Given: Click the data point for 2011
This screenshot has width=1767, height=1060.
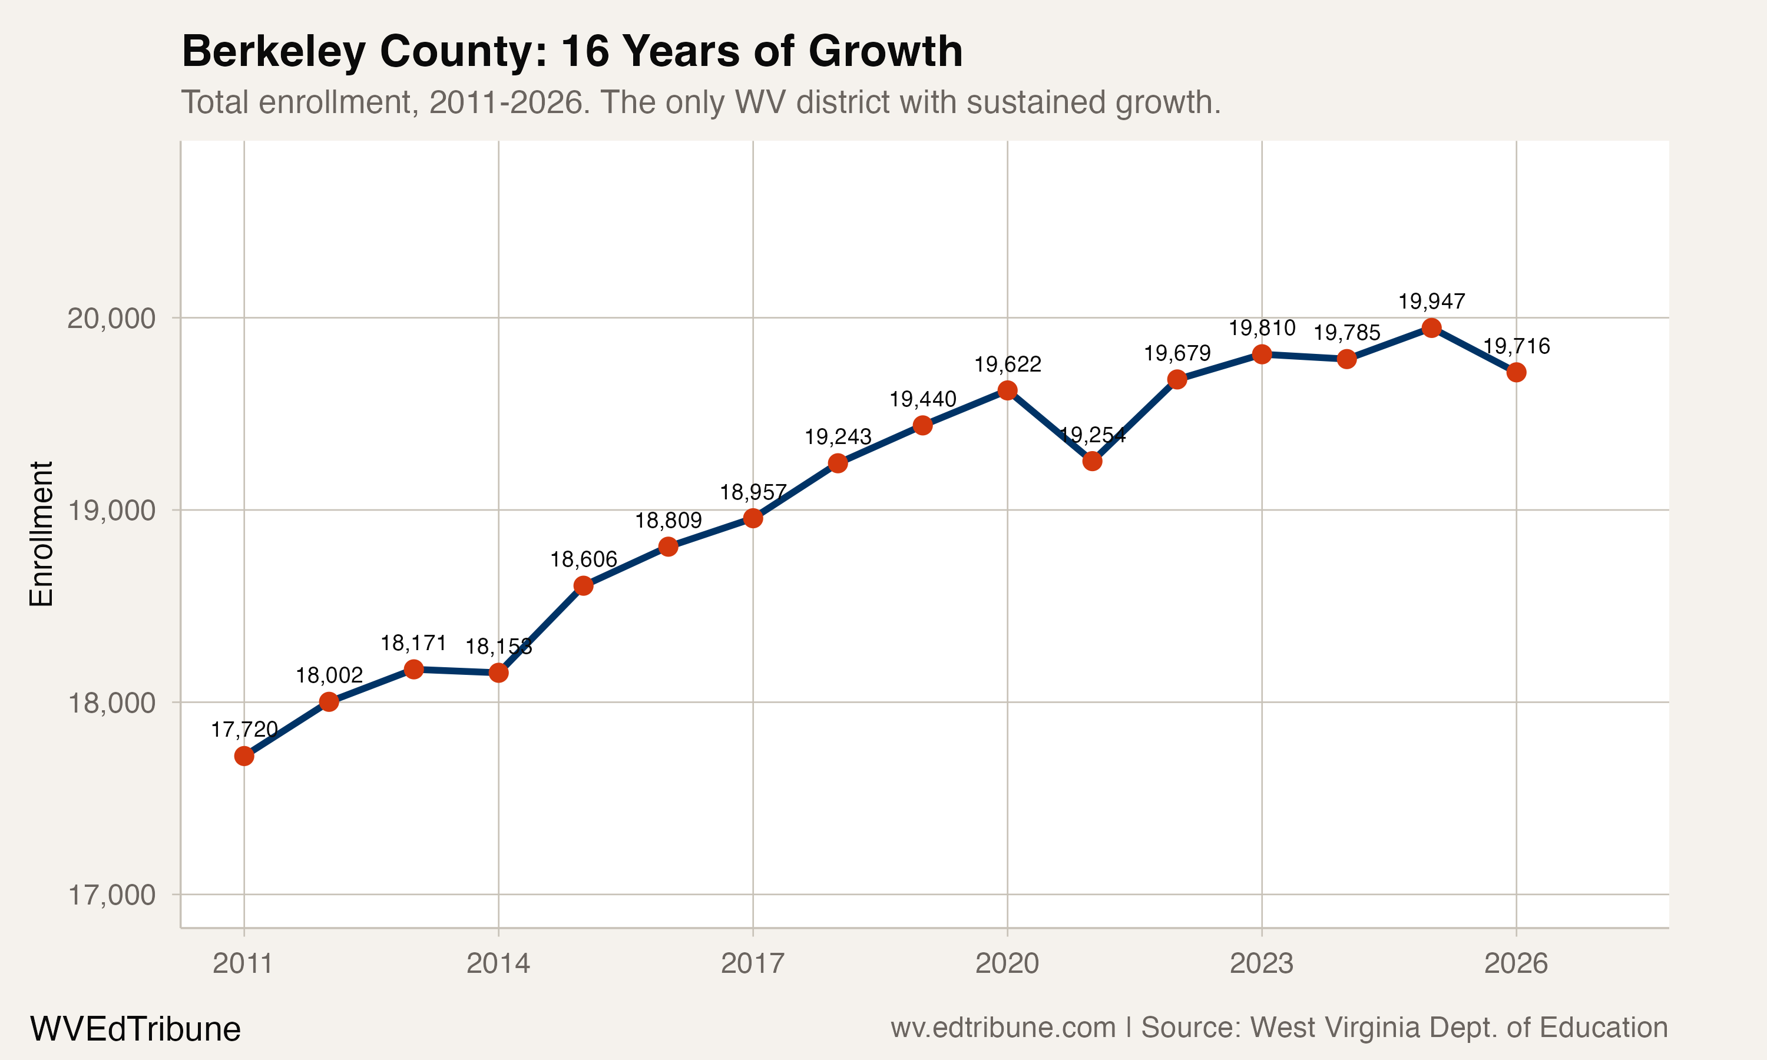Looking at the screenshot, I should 244,756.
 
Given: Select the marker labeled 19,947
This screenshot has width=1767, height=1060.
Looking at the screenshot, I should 1431,328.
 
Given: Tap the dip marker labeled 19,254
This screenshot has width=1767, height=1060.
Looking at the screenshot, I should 1092,462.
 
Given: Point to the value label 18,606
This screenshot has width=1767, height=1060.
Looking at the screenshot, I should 584,559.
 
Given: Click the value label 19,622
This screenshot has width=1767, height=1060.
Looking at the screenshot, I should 1008,365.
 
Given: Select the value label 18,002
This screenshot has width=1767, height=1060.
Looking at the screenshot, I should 329,675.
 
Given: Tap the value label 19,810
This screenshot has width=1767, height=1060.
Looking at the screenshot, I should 1262,328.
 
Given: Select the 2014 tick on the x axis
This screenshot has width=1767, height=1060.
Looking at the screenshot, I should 498,963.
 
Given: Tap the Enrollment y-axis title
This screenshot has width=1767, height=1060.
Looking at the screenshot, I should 41,534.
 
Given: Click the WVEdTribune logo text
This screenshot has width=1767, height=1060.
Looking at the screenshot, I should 135,1029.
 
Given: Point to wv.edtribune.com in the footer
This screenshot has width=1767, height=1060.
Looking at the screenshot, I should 1003,1027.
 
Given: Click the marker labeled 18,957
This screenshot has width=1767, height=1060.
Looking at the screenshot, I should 753,518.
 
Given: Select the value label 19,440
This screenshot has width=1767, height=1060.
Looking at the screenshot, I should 923,399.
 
